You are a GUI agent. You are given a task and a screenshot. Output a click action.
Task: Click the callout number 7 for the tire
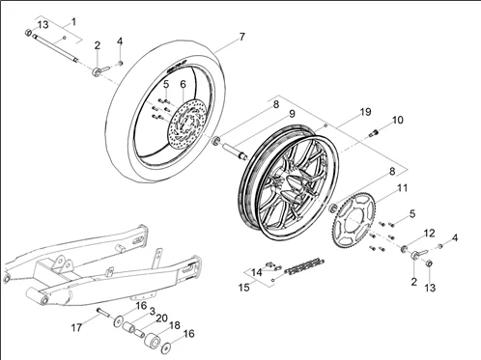(242, 37)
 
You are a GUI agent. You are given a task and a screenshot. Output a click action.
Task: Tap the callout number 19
(365, 112)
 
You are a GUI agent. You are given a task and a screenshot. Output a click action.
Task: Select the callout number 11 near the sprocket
(402, 188)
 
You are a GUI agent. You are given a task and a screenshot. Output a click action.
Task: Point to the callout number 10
(398, 120)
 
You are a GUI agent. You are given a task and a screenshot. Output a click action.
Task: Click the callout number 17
(76, 327)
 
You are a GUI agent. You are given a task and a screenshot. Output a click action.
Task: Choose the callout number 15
(244, 288)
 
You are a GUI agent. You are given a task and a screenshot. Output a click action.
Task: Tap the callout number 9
(292, 114)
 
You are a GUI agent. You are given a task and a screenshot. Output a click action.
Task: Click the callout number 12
(430, 234)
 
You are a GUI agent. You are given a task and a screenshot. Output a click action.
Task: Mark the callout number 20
(161, 318)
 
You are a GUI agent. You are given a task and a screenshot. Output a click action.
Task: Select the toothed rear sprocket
(354, 220)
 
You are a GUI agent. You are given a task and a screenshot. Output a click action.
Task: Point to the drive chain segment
(302, 266)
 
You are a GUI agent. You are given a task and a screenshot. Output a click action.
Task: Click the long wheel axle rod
(55, 48)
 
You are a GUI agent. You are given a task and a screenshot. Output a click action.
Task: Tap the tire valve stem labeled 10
(375, 132)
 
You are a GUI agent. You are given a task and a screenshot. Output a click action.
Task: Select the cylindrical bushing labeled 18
(152, 341)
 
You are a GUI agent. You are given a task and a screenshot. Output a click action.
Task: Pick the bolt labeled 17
(103, 312)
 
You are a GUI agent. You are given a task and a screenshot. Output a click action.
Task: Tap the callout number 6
(183, 84)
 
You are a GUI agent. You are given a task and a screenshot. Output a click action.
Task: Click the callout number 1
(73, 22)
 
